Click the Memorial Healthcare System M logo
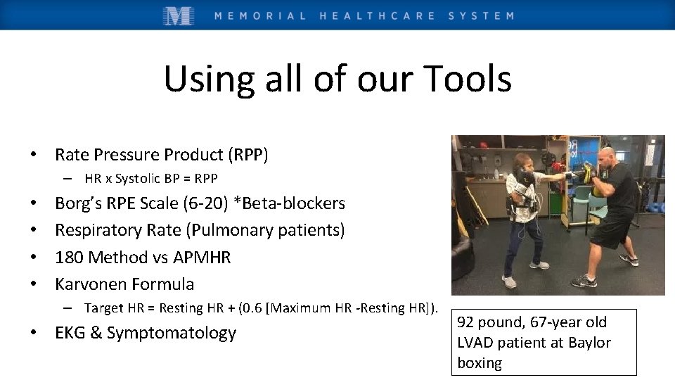179,15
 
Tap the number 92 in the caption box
466,323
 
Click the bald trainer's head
606,156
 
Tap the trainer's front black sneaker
583,281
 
